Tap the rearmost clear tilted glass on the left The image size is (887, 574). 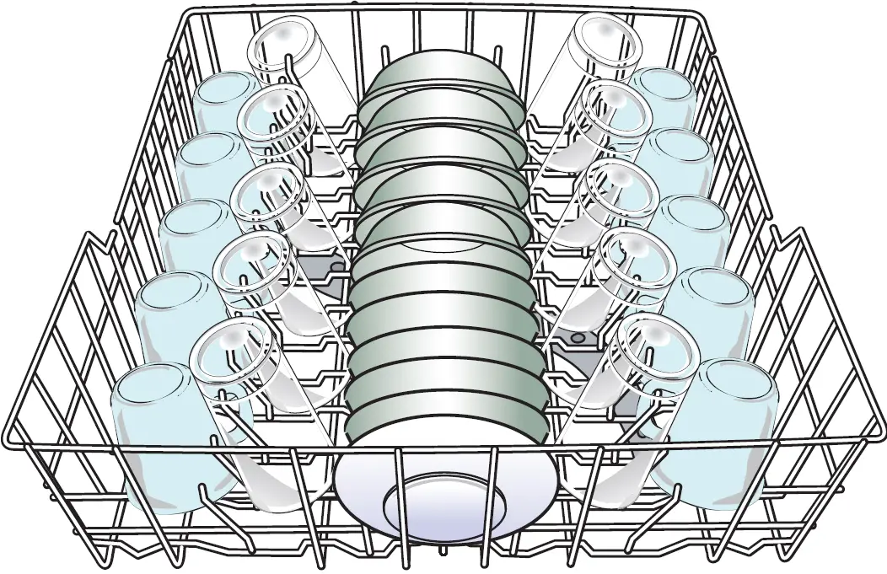282,55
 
